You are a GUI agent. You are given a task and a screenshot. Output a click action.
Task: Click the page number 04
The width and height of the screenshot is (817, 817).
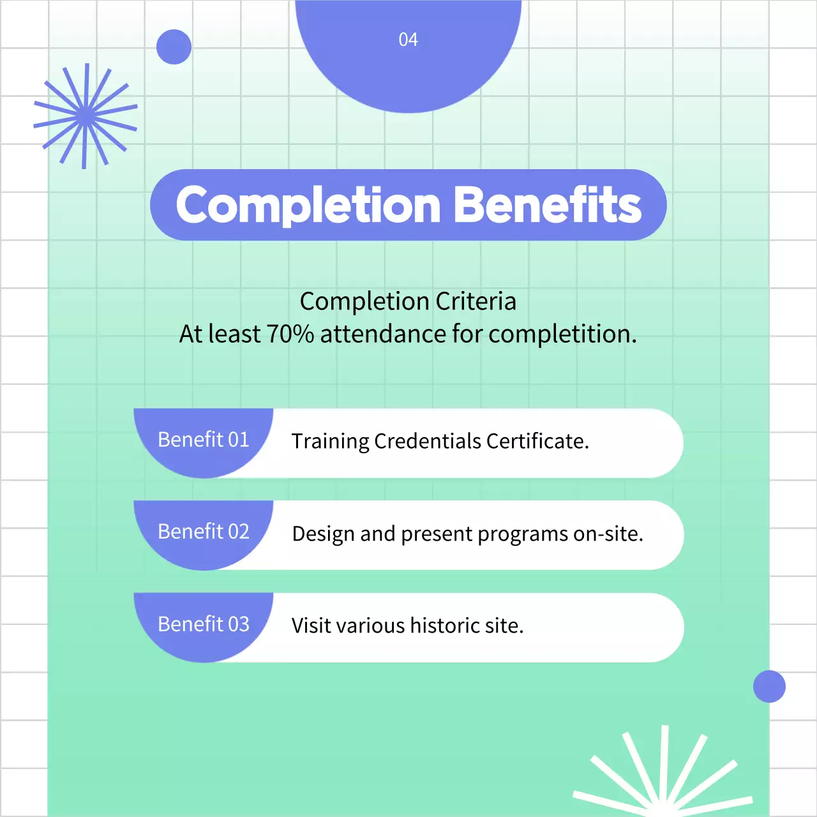point(408,40)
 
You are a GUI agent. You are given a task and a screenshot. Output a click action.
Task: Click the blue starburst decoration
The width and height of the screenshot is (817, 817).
point(85,116)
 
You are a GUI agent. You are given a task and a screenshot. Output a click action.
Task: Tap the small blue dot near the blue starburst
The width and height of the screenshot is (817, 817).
point(174,47)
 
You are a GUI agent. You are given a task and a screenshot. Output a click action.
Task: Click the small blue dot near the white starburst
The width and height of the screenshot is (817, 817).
point(769,686)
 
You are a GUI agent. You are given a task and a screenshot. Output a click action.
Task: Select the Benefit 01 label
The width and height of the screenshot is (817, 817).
point(203,440)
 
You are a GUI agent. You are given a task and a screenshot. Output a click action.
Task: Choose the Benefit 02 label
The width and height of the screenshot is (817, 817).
point(203,532)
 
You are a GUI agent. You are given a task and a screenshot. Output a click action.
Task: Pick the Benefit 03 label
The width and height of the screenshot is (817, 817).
point(203,624)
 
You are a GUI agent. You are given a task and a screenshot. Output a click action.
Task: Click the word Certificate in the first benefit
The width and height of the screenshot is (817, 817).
point(537,441)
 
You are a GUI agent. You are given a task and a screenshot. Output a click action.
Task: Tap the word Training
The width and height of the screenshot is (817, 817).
point(330,442)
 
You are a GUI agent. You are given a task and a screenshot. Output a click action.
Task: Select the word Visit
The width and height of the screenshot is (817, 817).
point(311,626)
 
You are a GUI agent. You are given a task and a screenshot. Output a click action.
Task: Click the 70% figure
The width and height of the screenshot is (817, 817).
point(290,334)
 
